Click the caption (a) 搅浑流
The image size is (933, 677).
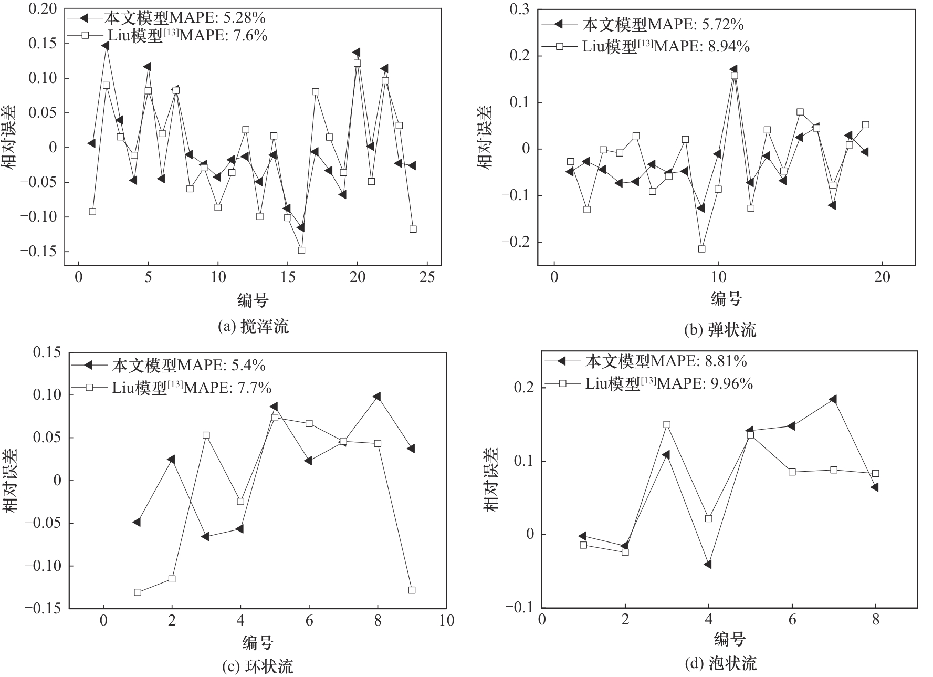click(253, 327)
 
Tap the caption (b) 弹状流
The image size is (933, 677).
click(720, 330)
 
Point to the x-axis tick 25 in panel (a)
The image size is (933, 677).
click(427, 277)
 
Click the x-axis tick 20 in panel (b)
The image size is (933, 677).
click(882, 277)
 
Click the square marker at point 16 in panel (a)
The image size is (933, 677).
click(301, 250)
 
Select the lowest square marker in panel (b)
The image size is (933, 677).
click(701, 248)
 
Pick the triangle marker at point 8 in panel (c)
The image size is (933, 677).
click(376, 397)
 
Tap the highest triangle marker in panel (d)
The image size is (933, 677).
click(833, 399)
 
